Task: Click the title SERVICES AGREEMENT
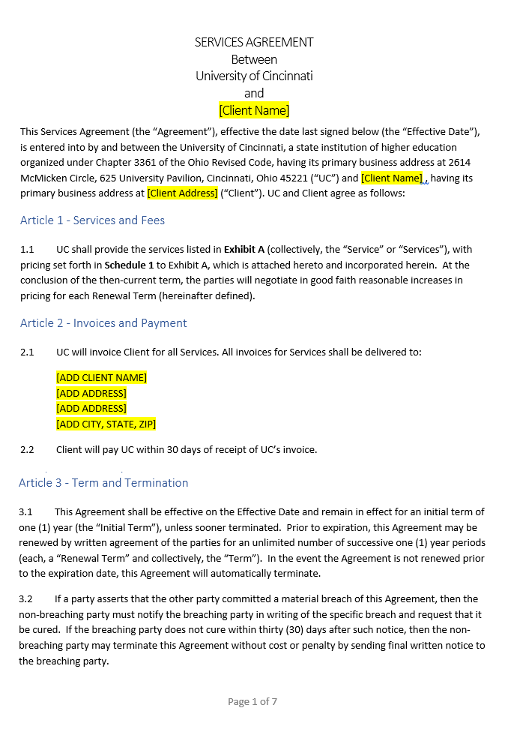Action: [254, 42]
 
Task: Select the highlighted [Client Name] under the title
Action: [254, 110]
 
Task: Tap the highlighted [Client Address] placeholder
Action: [182, 193]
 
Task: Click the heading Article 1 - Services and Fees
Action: [92, 220]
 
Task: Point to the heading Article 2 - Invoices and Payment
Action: [103, 323]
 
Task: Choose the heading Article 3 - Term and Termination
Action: [103, 483]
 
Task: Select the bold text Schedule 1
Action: [129, 265]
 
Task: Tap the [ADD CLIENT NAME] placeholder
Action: [101, 377]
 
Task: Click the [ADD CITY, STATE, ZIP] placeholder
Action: [106, 424]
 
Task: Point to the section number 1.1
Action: [27, 249]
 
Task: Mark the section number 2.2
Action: [27, 450]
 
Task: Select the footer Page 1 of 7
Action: [253, 702]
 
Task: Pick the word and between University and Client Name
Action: [254, 93]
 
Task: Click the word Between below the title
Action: [254, 59]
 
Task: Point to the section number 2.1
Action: [27, 352]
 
